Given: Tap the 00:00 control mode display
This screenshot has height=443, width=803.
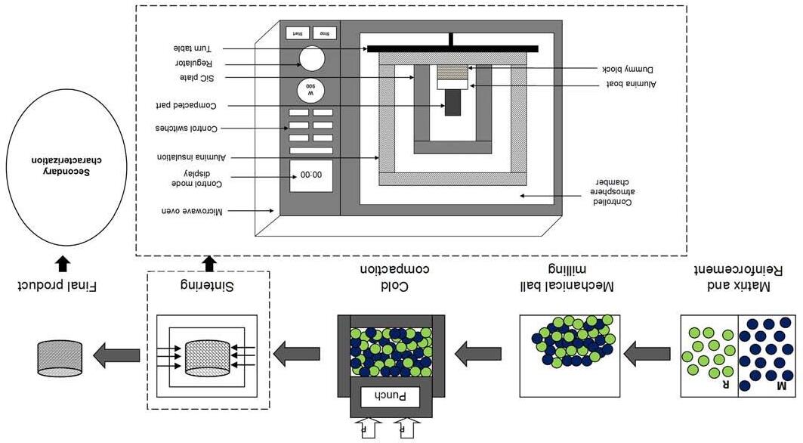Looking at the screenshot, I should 310,175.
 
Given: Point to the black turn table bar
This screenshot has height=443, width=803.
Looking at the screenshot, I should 452,49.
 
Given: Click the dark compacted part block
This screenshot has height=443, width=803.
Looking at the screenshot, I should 452,102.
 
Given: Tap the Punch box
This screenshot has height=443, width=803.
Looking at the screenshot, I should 391,395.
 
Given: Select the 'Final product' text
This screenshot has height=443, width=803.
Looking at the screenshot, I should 60,286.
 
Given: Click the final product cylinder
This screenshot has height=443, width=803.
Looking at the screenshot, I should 60,358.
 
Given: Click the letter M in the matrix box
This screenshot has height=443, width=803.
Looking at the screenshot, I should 782,386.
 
